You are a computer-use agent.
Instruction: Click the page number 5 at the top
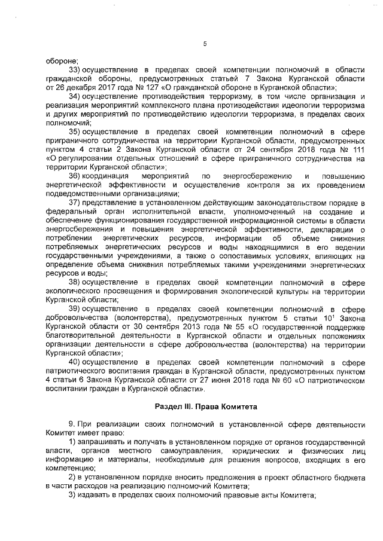pos(205,43)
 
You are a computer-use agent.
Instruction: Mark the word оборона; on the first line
pos(62,60)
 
